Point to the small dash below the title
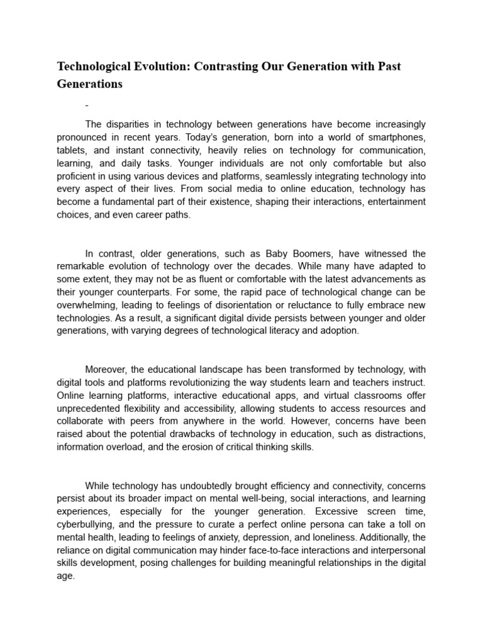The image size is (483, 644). click(x=87, y=105)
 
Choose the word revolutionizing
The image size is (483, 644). click(x=221, y=382)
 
